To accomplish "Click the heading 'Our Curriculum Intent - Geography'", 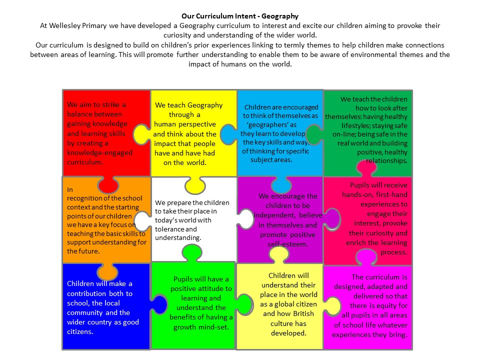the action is coord(239,16).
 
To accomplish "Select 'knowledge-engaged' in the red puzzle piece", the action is coord(100,152).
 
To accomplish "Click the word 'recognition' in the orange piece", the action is coord(83,198).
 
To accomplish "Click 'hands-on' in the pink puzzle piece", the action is coord(356,194).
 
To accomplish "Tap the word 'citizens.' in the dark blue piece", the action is coord(80,331).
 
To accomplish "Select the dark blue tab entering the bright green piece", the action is coord(159,304).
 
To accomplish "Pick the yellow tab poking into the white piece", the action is coord(195,185).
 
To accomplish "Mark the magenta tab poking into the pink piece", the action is coord(366,257).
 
